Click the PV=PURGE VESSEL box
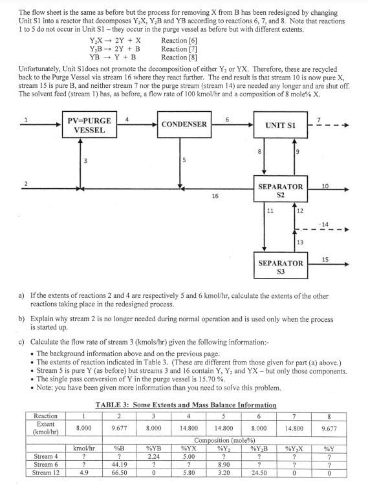pyautogui.click(x=89, y=125)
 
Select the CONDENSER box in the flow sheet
pyautogui.click(x=184, y=124)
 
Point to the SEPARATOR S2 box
pyautogui.click(x=281, y=190)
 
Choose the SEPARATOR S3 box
pyautogui.click(x=281, y=267)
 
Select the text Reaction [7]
pyautogui.click(x=174, y=48)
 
